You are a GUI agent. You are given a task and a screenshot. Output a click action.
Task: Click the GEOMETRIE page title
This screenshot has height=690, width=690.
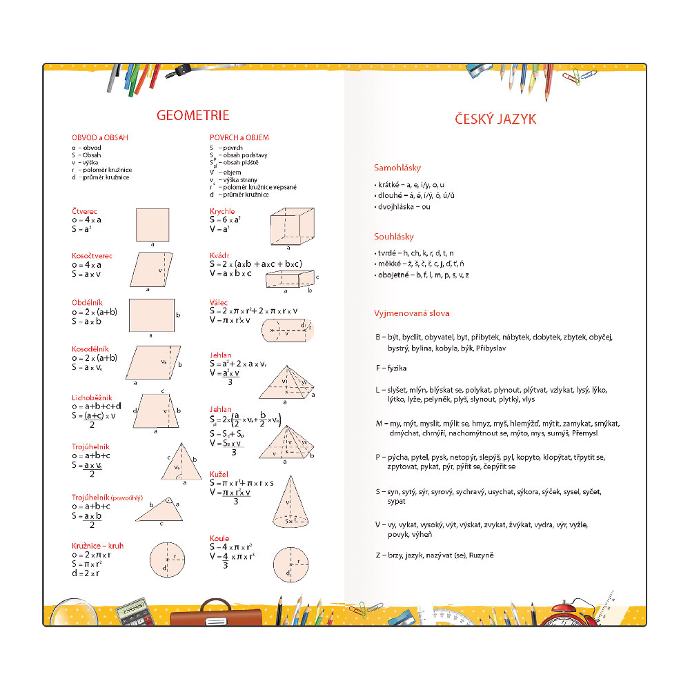coord(193,115)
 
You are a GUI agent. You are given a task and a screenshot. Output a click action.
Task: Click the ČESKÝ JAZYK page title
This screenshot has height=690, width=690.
coord(495,119)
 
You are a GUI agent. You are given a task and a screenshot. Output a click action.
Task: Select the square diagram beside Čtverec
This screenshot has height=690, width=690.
coord(152,224)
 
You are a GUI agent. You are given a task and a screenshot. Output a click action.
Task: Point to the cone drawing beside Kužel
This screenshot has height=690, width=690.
coord(290,503)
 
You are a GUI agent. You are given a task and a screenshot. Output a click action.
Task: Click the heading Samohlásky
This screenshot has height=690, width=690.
coord(397,168)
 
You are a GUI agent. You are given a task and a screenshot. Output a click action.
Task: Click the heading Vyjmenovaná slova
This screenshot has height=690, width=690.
coord(412,313)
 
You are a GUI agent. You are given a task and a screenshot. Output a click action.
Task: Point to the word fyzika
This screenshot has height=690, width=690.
coord(397,368)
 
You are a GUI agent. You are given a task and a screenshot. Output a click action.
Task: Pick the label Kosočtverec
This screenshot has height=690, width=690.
coord(92,256)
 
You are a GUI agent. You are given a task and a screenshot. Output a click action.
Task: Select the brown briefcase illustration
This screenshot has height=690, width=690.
coord(216,616)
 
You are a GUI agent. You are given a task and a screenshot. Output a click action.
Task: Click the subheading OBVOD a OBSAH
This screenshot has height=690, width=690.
coord(100,137)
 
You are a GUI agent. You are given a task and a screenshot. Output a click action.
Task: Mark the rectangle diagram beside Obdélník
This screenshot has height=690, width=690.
coord(152,315)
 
